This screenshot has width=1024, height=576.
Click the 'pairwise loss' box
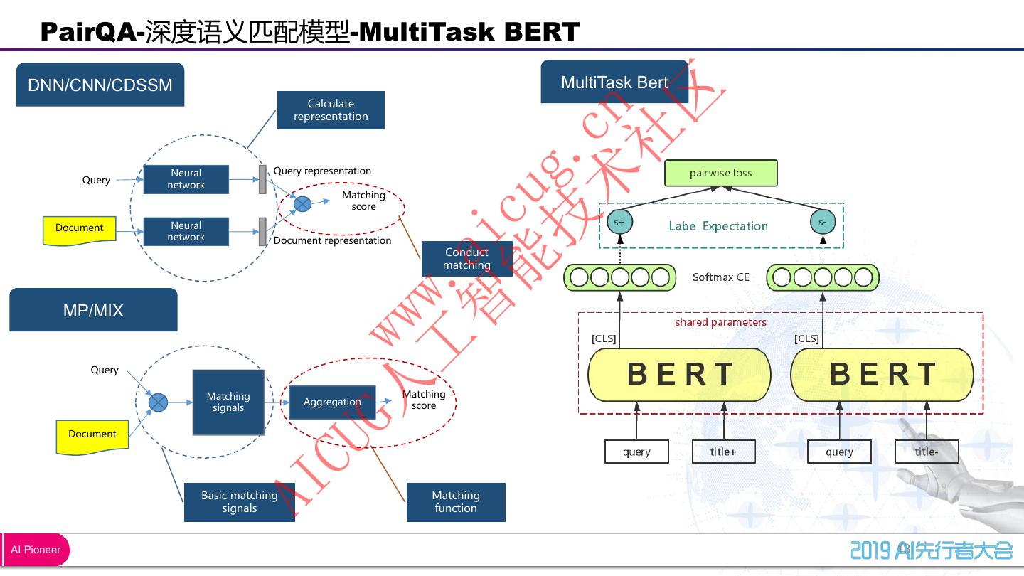click(x=720, y=174)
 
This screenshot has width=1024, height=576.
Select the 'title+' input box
click(x=723, y=452)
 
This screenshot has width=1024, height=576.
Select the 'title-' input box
click(x=926, y=452)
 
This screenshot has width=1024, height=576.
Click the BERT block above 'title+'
click(x=679, y=375)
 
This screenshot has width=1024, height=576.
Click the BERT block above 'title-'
click(x=882, y=375)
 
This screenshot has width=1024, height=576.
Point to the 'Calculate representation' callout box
click(x=331, y=110)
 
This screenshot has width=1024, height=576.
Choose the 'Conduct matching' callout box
click(x=466, y=259)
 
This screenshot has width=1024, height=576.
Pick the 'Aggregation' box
click(x=332, y=402)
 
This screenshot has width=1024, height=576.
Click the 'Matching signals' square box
click(x=228, y=402)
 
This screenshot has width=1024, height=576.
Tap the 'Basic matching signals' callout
click(x=239, y=502)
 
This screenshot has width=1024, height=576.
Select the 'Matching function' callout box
click(x=456, y=502)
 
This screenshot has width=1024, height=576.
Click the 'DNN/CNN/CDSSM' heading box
click(x=100, y=85)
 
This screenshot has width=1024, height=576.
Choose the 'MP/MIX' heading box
click(x=93, y=310)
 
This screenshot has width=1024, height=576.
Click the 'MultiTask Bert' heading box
click(x=614, y=82)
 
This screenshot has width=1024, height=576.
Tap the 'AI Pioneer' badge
click(x=36, y=550)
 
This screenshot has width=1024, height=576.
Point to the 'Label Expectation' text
click(x=718, y=226)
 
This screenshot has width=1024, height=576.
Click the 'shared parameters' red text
click(x=720, y=323)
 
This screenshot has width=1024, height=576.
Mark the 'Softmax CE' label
click(x=721, y=277)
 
